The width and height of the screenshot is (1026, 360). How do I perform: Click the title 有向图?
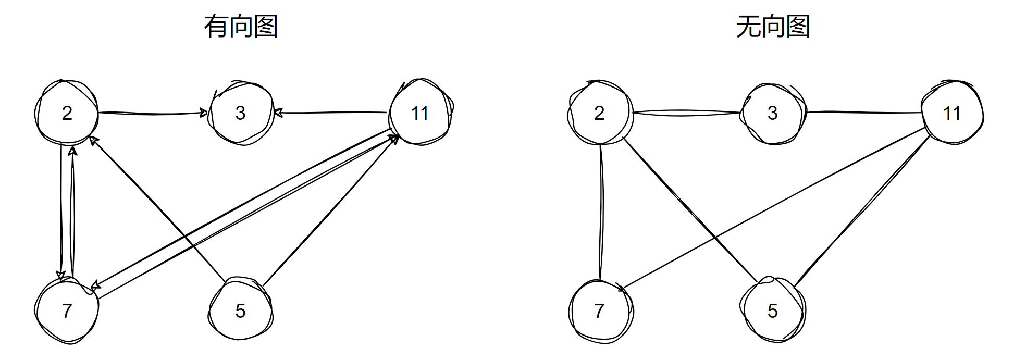[241, 27]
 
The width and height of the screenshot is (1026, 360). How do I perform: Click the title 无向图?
[773, 27]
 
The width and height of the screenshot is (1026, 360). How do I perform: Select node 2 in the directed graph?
[67, 113]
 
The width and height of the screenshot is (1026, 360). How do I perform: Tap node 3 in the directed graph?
[241, 113]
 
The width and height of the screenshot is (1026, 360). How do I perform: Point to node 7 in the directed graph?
[67, 311]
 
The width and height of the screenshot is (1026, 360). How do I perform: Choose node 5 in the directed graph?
[240, 311]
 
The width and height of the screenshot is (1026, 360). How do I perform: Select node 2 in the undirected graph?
[599, 113]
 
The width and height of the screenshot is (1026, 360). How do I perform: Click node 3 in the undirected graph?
[773, 113]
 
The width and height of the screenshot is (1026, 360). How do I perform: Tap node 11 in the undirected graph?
[952, 113]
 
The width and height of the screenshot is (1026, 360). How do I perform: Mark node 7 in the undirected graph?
[599, 311]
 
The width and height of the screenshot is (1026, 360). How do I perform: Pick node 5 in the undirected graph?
[773, 311]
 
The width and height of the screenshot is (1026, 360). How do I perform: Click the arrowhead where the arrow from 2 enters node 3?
[204, 113]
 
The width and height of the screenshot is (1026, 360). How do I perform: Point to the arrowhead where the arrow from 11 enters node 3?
[278, 112]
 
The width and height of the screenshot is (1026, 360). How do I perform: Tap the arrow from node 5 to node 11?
[330, 210]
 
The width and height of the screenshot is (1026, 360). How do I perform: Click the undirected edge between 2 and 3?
[686, 113]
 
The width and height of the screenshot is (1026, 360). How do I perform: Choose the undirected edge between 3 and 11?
[863, 112]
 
